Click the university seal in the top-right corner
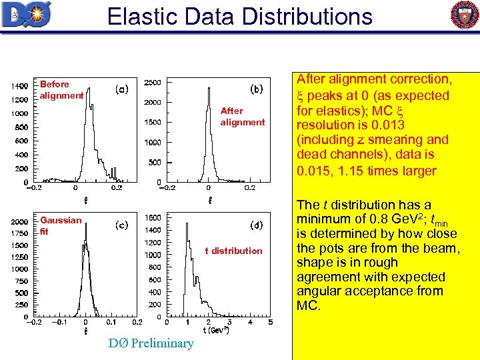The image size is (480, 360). pyautogui.click(x=465, y=15)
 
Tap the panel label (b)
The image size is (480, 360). pyautogui.click(x=257, y=87)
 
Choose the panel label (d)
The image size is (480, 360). pyautogui.click(x=257, y=225)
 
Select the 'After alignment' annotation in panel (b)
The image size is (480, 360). pyautogui.click(x=242, y=116)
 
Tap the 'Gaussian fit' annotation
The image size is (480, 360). pyautogui.click(x=60, y=225)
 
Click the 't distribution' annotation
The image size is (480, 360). pyautogui.click(x=233, y=251)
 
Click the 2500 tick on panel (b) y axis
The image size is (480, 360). pyautogui.click(x=152, y=82)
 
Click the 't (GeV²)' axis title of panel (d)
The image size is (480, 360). pyautogui.click(x=216, y=330)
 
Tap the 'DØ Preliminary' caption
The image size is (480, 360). pyautogui.click(x=151, y=343)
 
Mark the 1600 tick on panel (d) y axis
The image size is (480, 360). pyautogui.click(x=152, y=218)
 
